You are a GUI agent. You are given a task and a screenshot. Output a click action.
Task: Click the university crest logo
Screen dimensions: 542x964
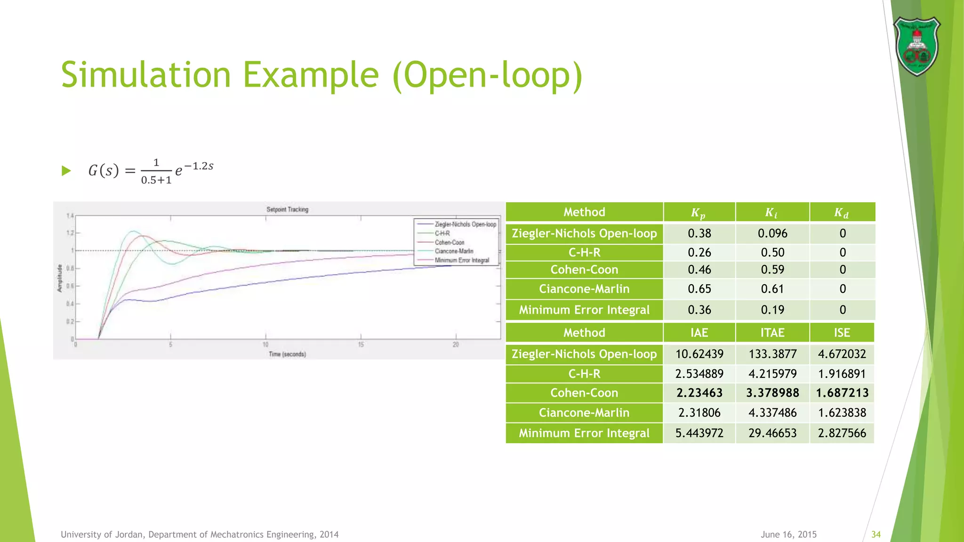916,46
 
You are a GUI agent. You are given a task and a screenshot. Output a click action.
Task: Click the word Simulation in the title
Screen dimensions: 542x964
146,75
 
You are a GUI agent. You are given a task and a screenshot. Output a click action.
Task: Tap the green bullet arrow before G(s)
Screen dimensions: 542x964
66,171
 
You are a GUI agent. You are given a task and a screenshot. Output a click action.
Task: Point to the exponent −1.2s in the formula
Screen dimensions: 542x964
199,166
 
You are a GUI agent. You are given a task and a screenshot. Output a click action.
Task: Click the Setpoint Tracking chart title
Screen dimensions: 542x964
287,209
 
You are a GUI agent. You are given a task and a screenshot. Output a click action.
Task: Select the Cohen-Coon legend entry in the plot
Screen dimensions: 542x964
449,242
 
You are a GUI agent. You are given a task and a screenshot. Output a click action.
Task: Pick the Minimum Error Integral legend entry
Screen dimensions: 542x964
461,260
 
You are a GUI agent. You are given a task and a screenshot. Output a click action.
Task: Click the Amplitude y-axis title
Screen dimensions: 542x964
60,278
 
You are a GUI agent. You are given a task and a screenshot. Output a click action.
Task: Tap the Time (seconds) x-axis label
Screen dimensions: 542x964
287,354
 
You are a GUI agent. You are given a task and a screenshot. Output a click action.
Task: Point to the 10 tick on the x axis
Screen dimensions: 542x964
265,345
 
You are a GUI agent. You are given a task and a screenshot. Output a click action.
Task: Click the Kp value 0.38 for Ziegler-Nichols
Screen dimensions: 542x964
699,233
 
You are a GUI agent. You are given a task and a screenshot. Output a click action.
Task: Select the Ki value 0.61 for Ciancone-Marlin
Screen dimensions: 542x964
772,289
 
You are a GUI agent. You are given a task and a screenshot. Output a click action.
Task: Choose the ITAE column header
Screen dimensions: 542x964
772,333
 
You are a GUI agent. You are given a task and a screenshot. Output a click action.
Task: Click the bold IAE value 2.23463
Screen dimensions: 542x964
699,393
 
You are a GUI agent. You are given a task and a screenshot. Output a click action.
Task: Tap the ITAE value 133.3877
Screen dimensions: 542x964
772,354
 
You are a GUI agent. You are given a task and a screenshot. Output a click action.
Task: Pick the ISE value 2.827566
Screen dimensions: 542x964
842,433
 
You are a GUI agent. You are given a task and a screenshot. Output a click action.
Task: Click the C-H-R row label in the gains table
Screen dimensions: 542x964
584,253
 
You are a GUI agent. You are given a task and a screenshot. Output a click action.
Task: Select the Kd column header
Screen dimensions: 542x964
842,213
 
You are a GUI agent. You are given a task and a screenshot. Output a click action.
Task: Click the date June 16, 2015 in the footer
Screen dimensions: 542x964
788,534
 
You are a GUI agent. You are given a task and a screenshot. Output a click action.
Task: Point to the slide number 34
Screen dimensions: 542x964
876,534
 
